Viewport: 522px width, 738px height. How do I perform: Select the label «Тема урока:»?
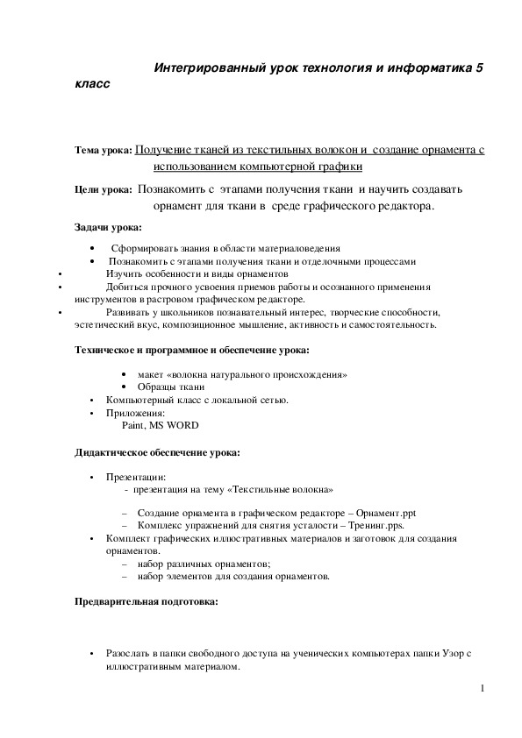pos(104,152)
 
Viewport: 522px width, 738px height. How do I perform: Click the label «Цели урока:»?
pos(104,189)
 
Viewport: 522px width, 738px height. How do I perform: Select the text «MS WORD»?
pos(179,425)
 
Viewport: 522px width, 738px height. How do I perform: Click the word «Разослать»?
pos(128,654)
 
